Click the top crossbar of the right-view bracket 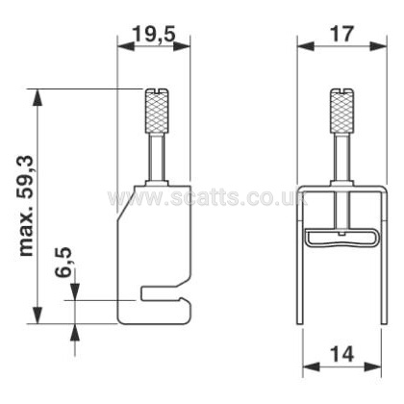pyautogui.click(x=338, y=186)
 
